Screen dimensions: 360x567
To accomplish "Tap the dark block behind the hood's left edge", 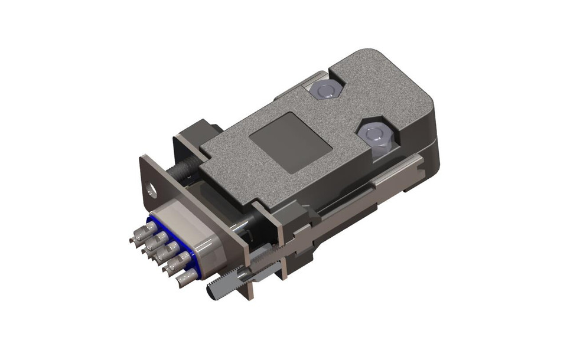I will (x=198, y=133).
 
